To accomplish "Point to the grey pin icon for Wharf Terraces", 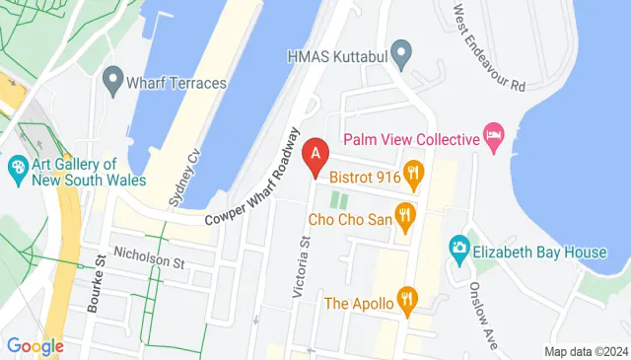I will (111, 77).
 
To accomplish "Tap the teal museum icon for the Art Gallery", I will (17, 169).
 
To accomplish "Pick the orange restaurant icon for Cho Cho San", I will (404, 214).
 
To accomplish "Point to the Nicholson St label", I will (148, 262).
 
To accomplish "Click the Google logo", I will (35, 346).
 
